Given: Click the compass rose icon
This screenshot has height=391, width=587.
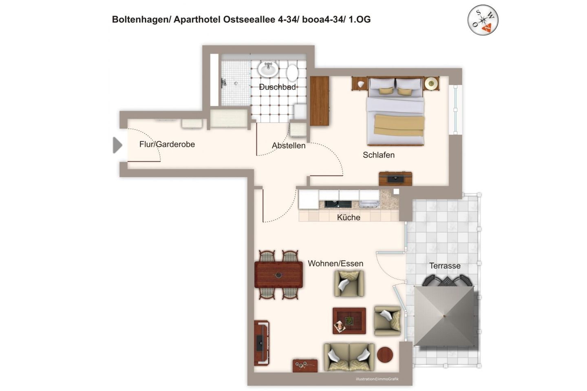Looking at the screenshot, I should tap(483, 20).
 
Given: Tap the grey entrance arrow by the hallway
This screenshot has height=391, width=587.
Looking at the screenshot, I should tap(117, 145).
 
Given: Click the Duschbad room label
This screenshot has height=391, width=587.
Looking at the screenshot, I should tap(277, 87).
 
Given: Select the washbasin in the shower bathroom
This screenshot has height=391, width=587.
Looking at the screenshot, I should tap(268, 69).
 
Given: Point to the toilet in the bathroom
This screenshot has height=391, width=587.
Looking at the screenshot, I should tap(292, 73).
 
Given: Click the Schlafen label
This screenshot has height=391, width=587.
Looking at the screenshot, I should tap(378, 155).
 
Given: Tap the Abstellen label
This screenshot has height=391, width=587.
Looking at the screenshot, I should tap(289, 145).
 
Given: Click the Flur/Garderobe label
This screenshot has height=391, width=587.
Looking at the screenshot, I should tap(167, 144).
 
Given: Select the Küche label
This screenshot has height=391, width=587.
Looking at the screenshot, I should tap(349, 217).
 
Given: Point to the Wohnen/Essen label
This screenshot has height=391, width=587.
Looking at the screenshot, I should tap(335, 264).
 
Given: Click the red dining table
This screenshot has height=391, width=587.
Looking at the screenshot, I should tap(278, 275).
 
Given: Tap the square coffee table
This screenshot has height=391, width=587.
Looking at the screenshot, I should tap(349, 321).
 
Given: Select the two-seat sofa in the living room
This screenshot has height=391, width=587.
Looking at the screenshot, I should tap(349, 357).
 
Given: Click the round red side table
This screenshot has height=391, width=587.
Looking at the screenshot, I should tap(385, 355).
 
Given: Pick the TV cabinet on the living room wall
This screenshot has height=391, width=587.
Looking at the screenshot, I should tap(261, 343).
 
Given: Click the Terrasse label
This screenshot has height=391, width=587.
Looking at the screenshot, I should tap(445, 266).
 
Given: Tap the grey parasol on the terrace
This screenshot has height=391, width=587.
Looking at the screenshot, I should tap(444, 316).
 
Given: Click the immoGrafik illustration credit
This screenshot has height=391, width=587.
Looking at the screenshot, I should tap(377, 379).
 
